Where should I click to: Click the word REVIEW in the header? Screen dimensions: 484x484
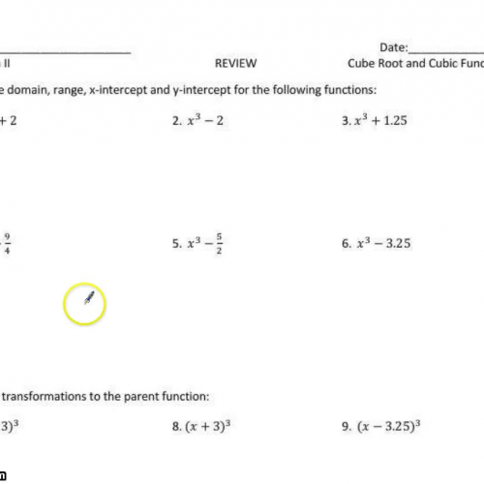235,64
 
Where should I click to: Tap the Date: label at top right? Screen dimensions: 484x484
394,46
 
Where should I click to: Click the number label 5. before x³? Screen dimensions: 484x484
177,245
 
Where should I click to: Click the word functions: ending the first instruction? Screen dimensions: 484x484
350,90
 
